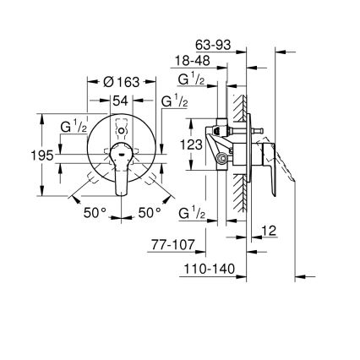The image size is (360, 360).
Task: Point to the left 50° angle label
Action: [x=95, y=214]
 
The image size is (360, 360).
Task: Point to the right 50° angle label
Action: [x=150, y=214]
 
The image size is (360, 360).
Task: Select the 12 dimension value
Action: [x=270, y=230]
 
